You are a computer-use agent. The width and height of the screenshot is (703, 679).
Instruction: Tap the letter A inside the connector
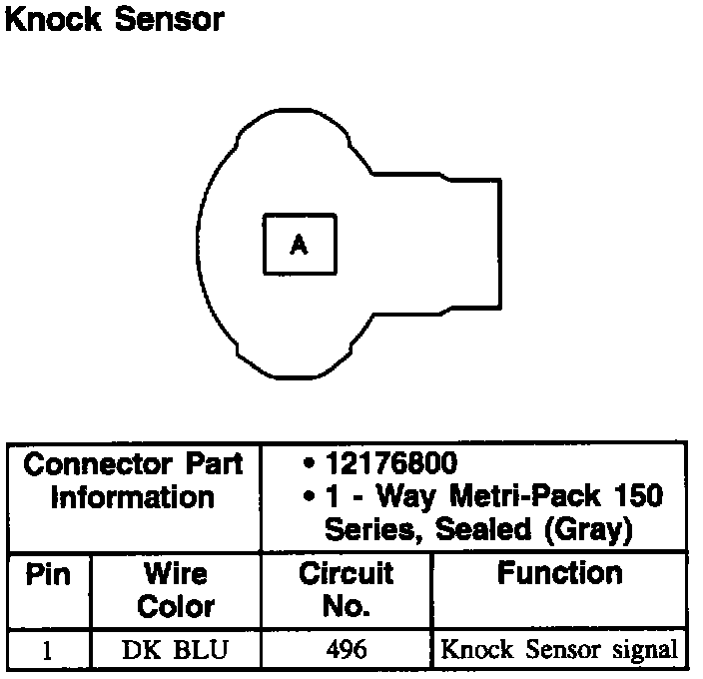click(x=299, y=244)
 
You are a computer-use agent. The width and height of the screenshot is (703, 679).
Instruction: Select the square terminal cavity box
click(x=299, y=244)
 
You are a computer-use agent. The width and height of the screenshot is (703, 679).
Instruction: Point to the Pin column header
click(x=47, y=575)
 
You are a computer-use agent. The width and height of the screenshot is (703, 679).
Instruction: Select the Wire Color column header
click(x=176, y=589)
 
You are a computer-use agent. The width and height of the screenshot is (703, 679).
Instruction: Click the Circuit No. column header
click(x=347, y=589)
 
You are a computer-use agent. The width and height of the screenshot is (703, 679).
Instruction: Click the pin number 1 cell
click(x=47, y=650)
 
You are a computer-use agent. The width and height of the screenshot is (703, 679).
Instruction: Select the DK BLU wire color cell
click(x=176, y=650)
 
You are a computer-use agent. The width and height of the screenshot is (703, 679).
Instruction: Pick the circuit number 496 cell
click(x=347, y=650)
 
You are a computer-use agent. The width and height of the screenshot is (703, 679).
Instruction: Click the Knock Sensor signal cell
click(x=559, y=650)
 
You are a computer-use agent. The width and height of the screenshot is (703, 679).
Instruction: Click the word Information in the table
click(x=133, y=496)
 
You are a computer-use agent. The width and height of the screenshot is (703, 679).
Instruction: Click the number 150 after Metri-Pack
click(x=636, y=496)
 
